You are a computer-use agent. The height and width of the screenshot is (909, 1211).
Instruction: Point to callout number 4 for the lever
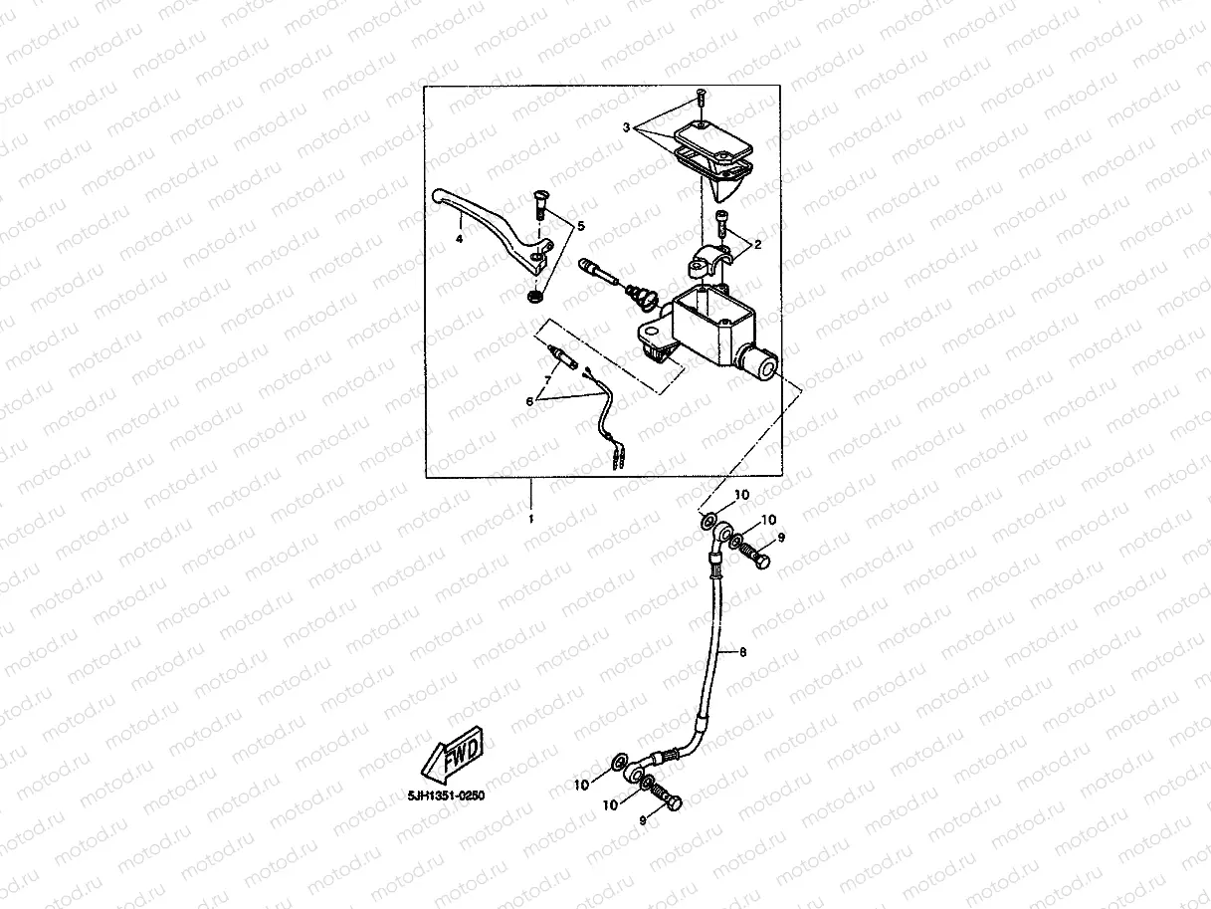(x=460, y=239)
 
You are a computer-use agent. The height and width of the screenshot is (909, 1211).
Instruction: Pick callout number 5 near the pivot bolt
(x=581, y=226)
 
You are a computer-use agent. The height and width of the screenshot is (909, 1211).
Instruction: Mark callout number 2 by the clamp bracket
(x=757, y=243)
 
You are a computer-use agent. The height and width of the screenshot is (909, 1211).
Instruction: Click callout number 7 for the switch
(x=546, y=381)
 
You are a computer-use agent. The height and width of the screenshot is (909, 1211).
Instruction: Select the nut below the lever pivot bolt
(x=535, y=296)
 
